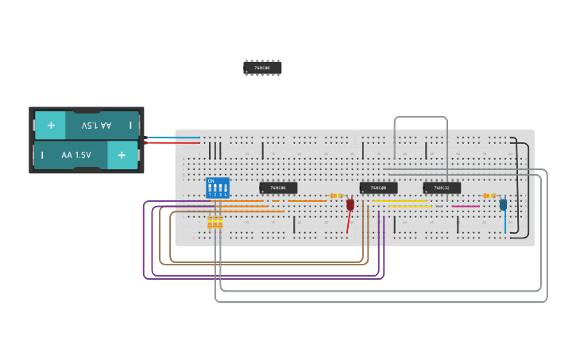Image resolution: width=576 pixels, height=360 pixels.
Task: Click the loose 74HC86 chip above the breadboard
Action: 262,68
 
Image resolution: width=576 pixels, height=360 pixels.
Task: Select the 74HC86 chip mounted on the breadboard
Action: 278,188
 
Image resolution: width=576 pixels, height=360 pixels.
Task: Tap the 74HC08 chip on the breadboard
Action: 378,188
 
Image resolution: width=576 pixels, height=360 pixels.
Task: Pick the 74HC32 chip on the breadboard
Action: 442,188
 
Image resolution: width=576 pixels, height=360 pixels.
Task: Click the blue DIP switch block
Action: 217,188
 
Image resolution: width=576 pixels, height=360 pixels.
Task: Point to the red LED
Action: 350,204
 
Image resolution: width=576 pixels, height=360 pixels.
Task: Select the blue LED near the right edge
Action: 503,204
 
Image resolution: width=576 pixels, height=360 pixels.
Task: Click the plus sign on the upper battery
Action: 51,126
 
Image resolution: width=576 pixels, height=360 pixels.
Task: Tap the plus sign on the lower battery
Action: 122,155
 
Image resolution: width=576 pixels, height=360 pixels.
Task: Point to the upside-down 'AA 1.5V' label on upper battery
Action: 95,126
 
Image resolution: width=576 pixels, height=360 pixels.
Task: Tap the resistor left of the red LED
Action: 336,195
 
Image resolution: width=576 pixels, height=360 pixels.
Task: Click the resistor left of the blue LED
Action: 489,195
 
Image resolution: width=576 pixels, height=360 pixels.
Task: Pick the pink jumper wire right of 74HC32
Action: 466,207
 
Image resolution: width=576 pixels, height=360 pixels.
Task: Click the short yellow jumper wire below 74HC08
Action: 408,207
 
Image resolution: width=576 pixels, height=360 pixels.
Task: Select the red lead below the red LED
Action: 348,223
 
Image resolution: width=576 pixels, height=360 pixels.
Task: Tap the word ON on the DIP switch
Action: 211,181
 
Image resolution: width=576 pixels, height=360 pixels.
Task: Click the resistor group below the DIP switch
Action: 215,223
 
